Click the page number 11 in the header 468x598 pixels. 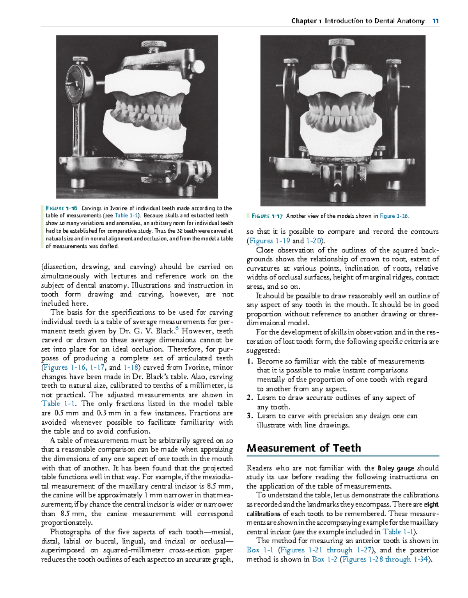(435, 21)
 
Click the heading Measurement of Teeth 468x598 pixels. (304, 448)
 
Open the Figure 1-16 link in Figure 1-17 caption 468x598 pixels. (394, 216)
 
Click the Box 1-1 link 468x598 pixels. (260, 550)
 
